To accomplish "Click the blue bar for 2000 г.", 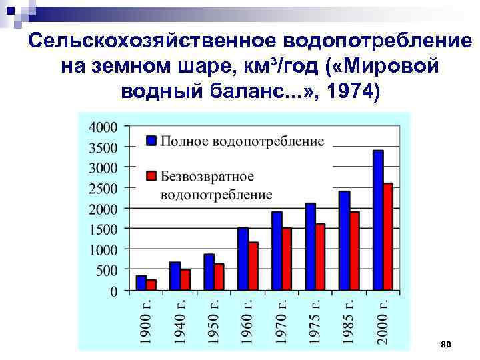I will click(378, 221).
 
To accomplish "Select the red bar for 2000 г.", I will click(389, 237).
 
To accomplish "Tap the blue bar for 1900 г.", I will click(141, 283).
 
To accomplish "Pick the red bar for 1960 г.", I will click(253, 266).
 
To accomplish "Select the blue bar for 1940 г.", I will click(175, 276).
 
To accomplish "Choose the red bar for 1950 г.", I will click(219, 277).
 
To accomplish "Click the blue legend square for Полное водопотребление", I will click(151, 141).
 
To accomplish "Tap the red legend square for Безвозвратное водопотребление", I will click(151, 176).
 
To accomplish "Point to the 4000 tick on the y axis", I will click(103, 127).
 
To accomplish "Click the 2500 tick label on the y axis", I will click(103, 188).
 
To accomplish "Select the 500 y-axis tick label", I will click(107, 270).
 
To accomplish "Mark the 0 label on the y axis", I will click(114, 291).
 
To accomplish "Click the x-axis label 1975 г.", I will click(315, 319).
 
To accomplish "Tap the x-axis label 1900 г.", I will click(146, 319).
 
